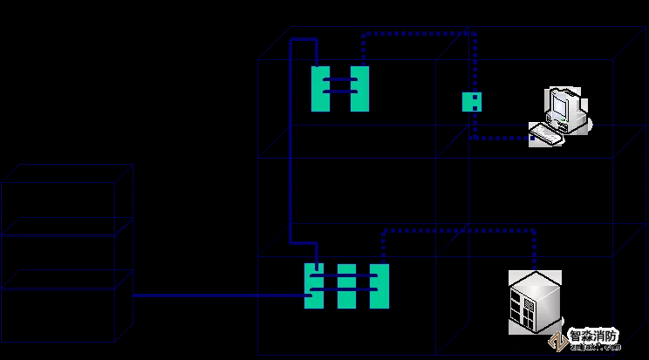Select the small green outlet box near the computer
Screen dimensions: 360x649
tap(472, 102)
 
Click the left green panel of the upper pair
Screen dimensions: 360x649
tap(320, 89)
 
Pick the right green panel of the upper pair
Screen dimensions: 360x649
tap(360, 89)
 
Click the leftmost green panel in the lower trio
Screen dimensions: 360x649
tap(314, 286)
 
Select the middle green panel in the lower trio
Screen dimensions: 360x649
tap(347, 286)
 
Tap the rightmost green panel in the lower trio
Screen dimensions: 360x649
tap(379, 286)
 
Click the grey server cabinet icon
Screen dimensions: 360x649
tap(535, 302)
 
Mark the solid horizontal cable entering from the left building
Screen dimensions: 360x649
tap(218, 295)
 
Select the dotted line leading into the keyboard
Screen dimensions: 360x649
tap(502, 138)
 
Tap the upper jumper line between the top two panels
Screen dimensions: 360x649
tap(340, 79)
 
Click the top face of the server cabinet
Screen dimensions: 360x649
tap(534, 281)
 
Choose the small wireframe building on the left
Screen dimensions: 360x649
tap(65, 253)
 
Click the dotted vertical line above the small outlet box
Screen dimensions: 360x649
tap(475, 61)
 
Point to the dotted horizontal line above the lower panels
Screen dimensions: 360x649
tap(458, 231)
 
